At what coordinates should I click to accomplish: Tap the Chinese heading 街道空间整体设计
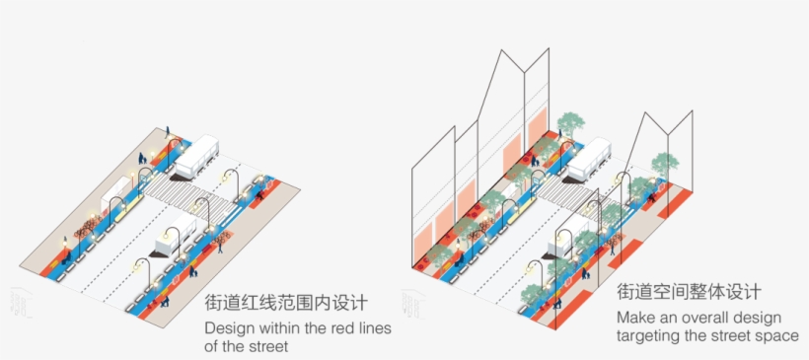[689, 293]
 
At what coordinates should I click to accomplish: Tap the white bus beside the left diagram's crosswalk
[194, 158]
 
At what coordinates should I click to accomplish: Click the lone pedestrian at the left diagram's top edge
[167, 131]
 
